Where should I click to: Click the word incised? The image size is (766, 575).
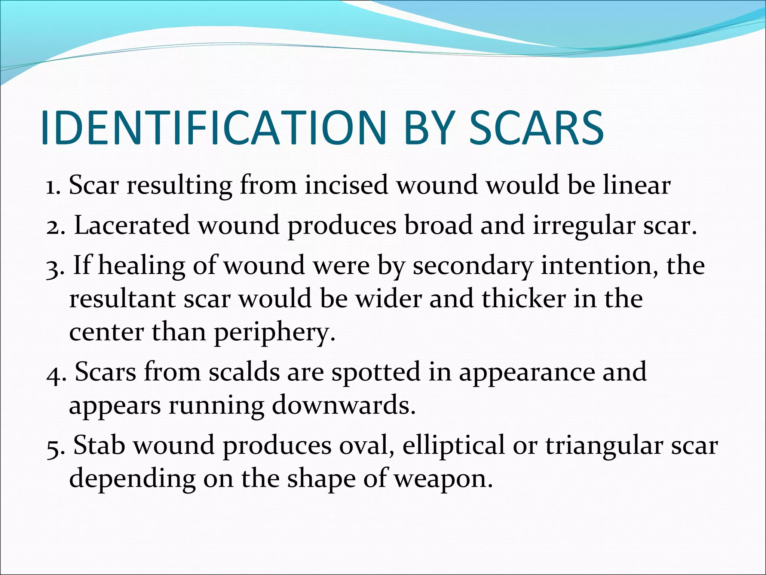pos(346,185)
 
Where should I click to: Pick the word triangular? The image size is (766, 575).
pos(603,447)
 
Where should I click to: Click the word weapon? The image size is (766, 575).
pos(443,480)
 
